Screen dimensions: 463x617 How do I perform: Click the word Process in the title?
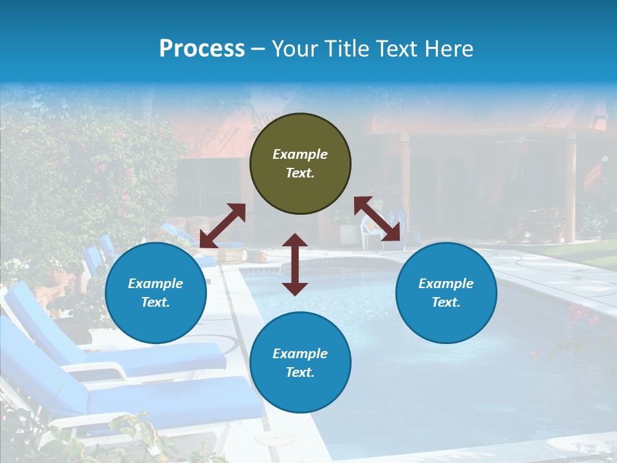tap(202, 49)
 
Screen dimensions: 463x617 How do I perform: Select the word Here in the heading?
tap(450, 49)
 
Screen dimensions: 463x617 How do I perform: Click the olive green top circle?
tap(300, 163)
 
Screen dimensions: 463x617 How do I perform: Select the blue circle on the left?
tap(156, 293)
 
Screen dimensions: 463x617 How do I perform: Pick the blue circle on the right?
tap(446, 293)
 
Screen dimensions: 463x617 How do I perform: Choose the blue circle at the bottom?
tap(300, 363)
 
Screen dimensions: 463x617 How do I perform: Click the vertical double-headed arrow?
tap(295, 264)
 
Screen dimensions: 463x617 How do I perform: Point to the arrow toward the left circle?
tap(222, 226)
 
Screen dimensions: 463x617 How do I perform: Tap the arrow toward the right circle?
tap(377, 219)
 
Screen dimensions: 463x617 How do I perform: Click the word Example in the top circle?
tap(300, 154)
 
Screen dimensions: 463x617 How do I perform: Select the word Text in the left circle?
tap(156, 302)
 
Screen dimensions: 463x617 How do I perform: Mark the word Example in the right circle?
tap(446, 284)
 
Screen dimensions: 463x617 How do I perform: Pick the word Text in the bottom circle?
tap(300, 372)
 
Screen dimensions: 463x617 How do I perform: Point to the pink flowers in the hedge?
tap(100, 168)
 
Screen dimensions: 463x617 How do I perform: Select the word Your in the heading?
tap(293, 49)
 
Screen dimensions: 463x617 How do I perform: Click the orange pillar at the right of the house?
tap(569, 186)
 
